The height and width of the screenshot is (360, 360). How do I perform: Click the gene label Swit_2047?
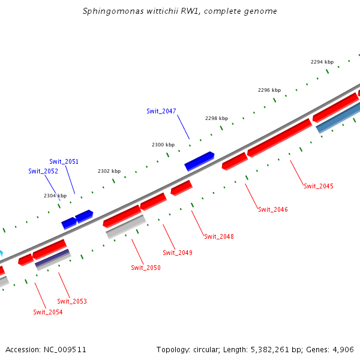(x=161, y=111)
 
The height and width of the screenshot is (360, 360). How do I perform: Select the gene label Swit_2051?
(x=64, y=161)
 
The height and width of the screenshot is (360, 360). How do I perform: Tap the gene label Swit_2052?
(x=43, y=171)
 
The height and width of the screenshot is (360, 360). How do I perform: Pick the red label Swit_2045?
(x=319, y=186)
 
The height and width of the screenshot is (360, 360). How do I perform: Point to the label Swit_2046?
(x=273, y=209)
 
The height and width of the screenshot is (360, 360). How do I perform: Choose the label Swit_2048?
(x=219, y=236)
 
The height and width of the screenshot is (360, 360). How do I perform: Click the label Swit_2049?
(x=178, y=253)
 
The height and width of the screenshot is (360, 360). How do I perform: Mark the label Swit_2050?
(x=146, y=268)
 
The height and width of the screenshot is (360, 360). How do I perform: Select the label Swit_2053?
(x=72, y=301)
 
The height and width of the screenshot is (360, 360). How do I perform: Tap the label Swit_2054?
(x=48, y=312)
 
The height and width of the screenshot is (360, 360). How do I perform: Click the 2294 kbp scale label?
(x=322, y=62)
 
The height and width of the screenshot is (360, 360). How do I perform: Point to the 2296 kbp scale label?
(x=269, y=90)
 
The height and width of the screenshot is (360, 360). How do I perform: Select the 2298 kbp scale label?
(x=217, y=118)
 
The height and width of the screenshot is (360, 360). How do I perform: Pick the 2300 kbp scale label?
(x=163, y=145)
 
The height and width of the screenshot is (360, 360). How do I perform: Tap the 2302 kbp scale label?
(x=109, y=171)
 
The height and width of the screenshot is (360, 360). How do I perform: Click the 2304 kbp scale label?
(x=55, y=196)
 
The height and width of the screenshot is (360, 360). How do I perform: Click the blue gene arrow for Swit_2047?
(x=199, y=161)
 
